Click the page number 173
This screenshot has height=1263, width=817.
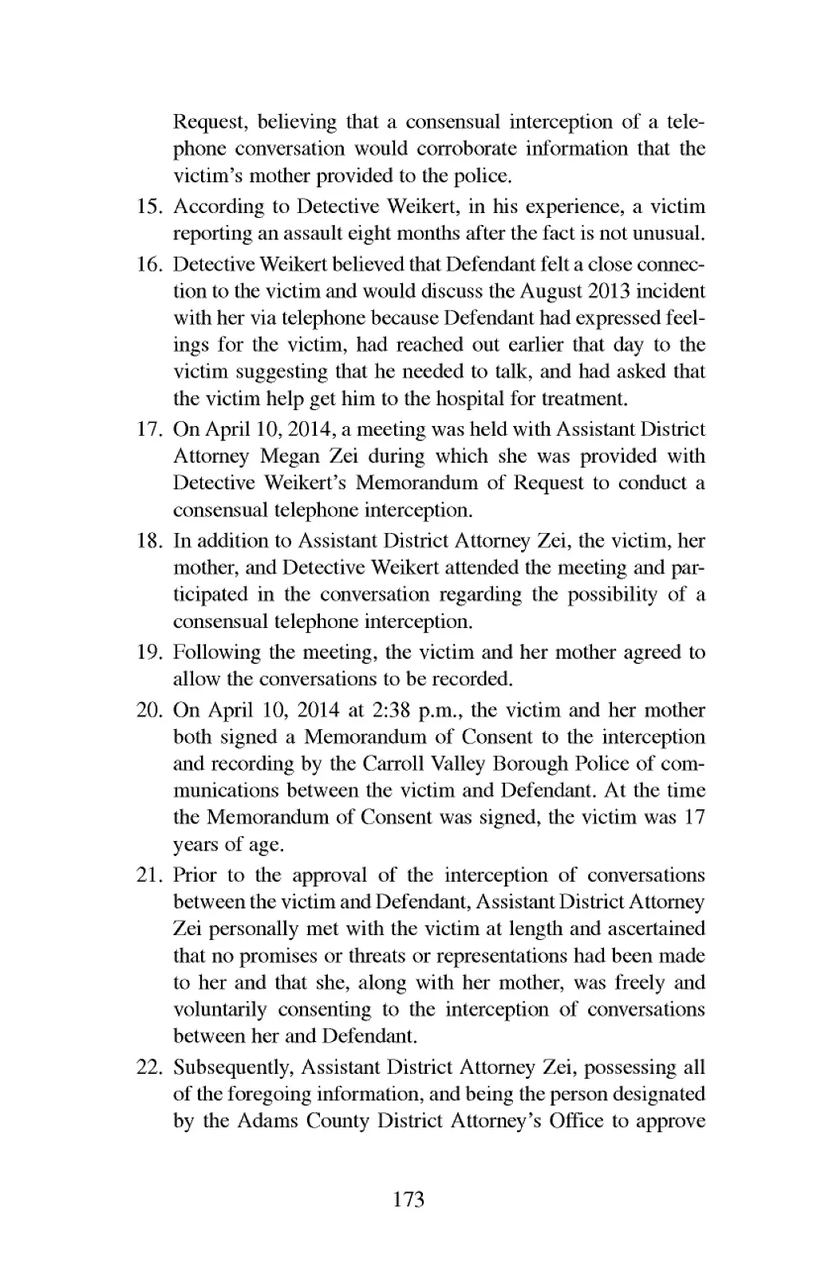tap(408, 1198)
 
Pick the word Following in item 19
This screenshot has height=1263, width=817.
tap(210, 653)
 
